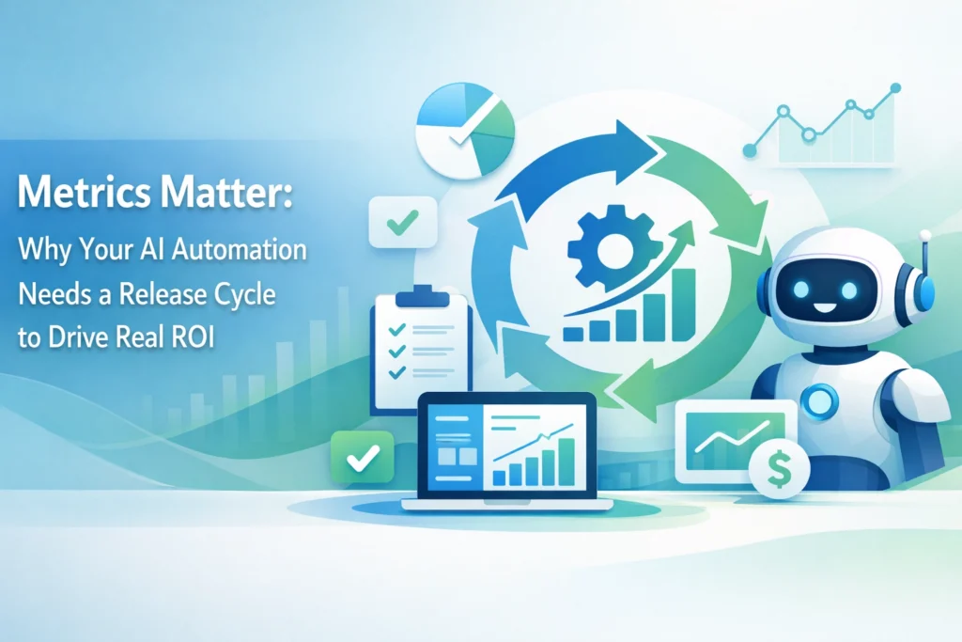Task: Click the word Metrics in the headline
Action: tap(84, 192)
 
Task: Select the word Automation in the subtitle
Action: tap(240, 249)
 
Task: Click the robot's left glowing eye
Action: tap(801, 290)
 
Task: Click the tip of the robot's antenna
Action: tap(925, 235)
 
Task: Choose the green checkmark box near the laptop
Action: tap(362, 457)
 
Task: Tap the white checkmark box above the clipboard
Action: tap(402, 222)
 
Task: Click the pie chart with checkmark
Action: tap(464, 131)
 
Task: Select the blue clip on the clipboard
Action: tap(422, 296)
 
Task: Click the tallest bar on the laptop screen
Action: tap(566, 462)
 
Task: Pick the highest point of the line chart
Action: tap(895, 88)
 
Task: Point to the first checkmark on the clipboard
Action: tap(397, 330)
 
